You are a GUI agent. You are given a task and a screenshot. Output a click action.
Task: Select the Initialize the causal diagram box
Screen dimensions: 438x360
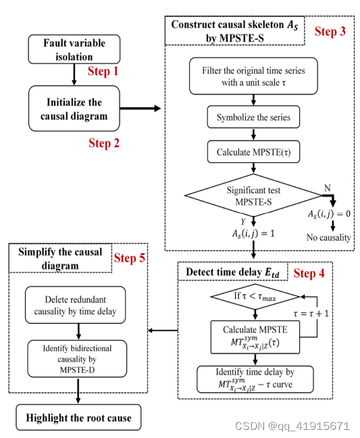74,109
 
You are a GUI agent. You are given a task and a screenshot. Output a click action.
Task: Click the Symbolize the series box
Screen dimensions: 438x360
253,117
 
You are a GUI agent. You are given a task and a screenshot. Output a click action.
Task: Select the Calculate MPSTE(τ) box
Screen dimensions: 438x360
253,150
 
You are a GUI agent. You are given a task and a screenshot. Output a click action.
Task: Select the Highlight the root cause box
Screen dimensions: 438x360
79,417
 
